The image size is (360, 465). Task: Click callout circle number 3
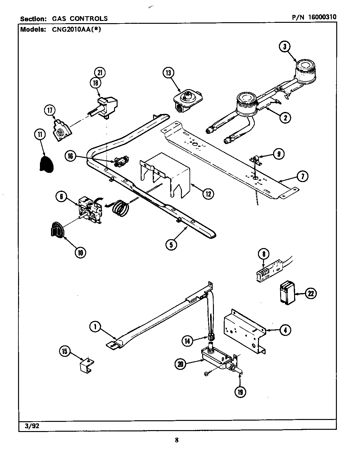coord(285,47)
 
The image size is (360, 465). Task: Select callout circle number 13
coord(168,73)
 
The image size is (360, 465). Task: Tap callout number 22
coord(311,293)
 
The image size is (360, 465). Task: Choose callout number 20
coord(181,364)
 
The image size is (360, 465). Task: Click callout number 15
coord(65,351)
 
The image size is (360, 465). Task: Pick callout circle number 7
coord(302,176)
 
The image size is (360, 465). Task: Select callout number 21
coord(100,73)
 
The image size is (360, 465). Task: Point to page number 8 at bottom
coord(177,440)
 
